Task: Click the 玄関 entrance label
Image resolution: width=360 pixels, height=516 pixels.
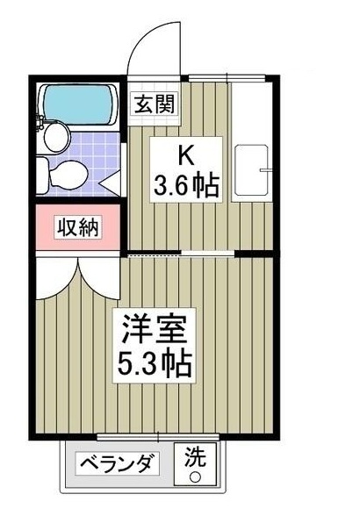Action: (153, 103)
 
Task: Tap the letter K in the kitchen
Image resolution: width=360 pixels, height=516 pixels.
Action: (184, 154)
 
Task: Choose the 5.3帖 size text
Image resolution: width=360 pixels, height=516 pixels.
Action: (153, 362)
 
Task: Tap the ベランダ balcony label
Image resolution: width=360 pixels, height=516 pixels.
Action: (119, 463)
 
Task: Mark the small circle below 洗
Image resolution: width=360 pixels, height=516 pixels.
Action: (195, 477)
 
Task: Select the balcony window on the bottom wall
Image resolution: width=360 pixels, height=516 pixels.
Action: (162, 436)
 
